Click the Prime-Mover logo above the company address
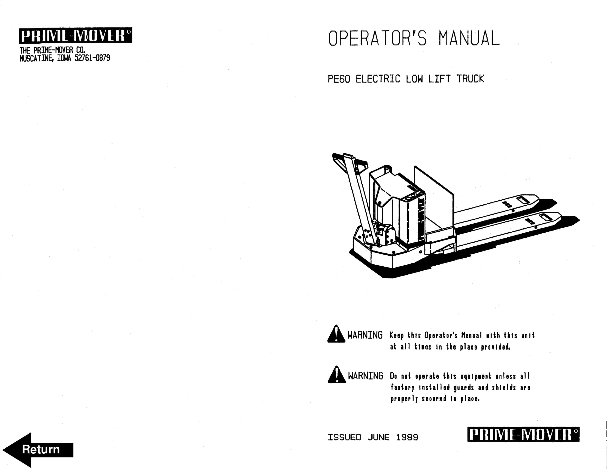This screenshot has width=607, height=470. tap(75, 35)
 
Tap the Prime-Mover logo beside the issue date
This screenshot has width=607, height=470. tap(523, 434)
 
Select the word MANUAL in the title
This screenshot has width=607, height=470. tap(469, 38)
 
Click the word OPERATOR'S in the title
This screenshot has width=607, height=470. tap(377, 38)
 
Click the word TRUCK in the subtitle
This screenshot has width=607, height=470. tap(470, 79)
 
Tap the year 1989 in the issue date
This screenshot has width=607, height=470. tap(407, 437)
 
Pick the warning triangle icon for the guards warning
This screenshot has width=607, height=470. tap(337, 375)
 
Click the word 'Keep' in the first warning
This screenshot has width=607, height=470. tap(396, 335)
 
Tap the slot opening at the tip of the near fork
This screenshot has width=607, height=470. tap(546, 217)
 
